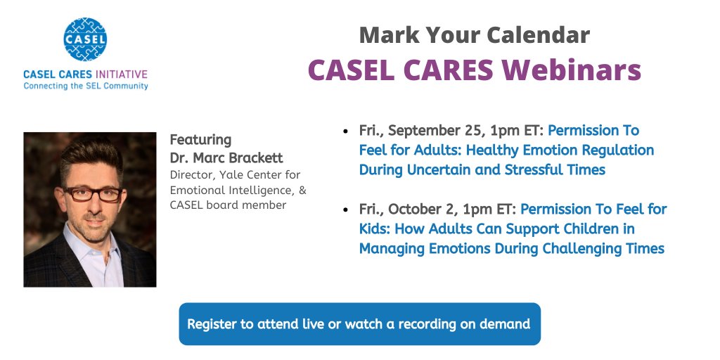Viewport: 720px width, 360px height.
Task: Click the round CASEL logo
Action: coord(84,39)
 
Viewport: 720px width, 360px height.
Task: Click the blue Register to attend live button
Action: coord(359,324)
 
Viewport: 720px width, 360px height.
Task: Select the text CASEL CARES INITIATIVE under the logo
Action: coord(85,74)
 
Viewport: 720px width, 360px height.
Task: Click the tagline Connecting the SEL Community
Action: coord(85,86)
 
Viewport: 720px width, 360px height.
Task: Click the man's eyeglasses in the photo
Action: coord(91,194)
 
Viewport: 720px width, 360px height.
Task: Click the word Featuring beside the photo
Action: coord(200,140)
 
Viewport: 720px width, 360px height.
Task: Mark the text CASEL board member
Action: coord(228,205)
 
